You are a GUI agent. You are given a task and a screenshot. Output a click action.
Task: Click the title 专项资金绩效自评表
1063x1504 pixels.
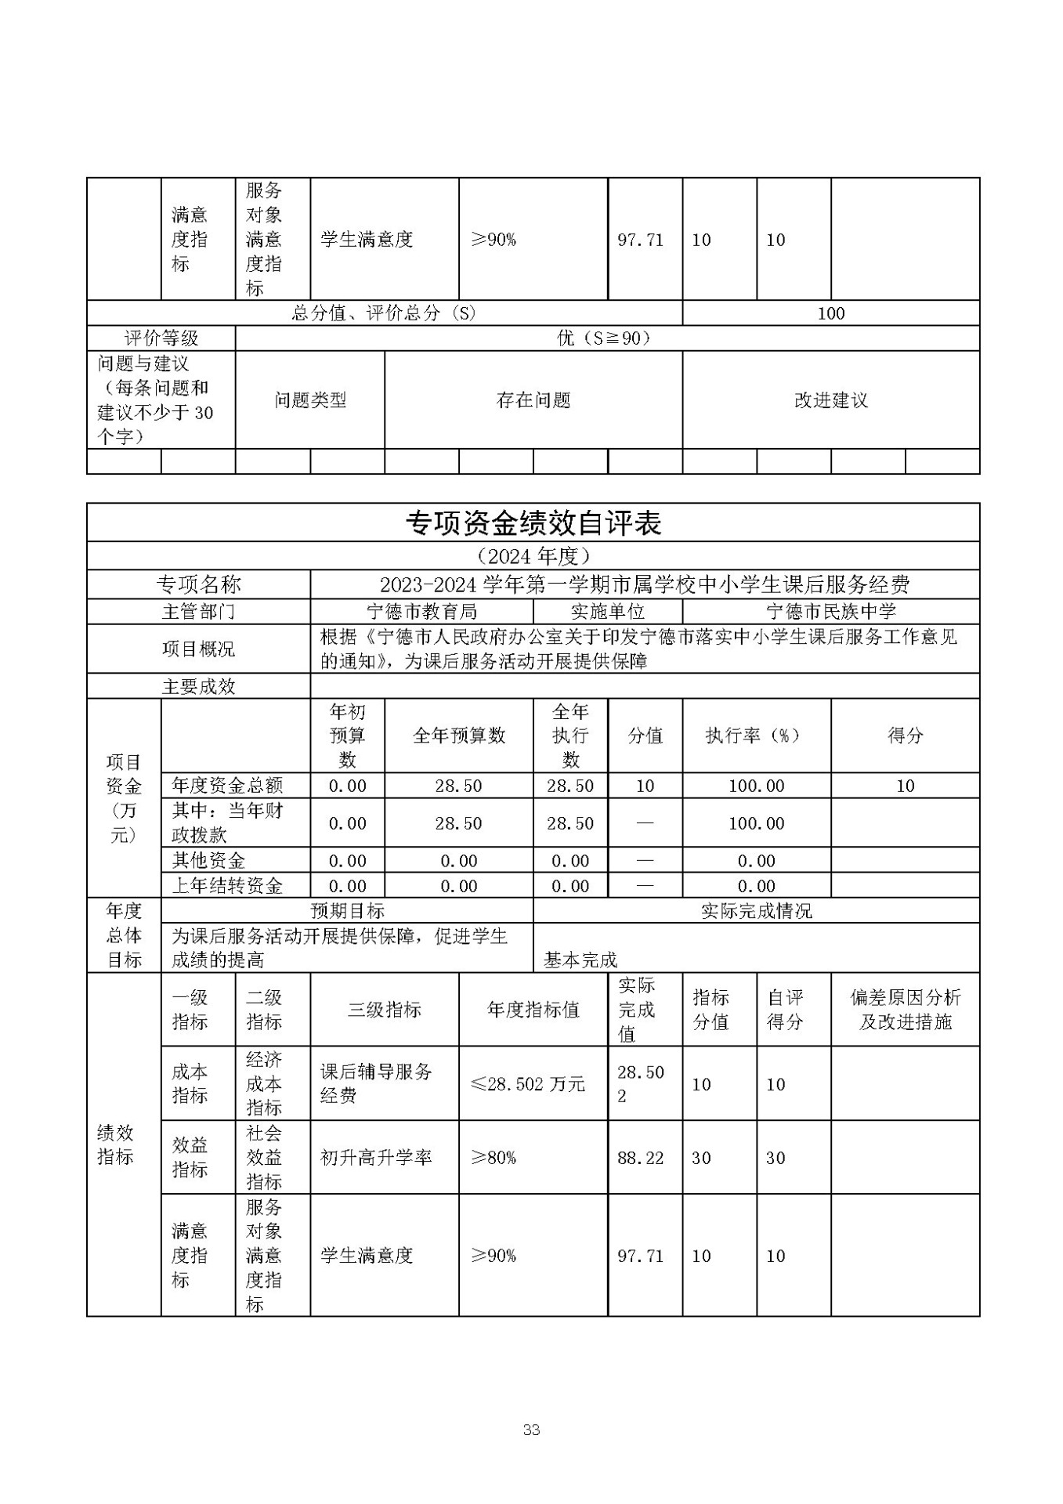pos(533,523)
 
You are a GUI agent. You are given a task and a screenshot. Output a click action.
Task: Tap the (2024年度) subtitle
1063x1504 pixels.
pos(533,556)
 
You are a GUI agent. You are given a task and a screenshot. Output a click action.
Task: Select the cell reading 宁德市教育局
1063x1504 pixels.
pos(421,611)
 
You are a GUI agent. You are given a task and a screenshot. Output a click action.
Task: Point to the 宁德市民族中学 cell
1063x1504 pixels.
pos(830,611)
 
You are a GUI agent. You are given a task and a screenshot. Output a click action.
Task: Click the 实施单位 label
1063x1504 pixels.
pos(607,611)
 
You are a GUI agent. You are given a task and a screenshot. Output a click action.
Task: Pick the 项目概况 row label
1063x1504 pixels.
pos(198,649)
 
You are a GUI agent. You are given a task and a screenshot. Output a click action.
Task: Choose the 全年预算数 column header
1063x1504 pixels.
pos(458,736)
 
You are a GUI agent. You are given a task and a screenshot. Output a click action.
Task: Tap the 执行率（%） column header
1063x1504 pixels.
pos(756,736)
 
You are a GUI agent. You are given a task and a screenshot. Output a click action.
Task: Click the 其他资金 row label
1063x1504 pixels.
pos(208,861)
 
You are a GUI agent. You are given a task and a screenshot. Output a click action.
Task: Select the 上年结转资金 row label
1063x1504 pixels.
pos(227,886)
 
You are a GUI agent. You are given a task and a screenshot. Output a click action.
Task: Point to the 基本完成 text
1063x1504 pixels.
pos(580,960)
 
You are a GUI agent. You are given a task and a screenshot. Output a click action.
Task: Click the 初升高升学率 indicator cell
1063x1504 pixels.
pos(376,1158)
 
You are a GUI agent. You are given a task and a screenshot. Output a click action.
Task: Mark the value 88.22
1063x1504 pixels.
pos(640,1158)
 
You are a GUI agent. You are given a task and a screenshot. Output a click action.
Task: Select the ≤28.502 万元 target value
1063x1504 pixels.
pos(528,1084)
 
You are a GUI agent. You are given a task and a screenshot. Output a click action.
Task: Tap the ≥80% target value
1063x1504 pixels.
pos(493,1158)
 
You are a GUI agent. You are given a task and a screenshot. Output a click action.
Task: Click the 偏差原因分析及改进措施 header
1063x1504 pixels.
pos(905,1010)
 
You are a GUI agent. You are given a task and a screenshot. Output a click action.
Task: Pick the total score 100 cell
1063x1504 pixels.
pos(830,313)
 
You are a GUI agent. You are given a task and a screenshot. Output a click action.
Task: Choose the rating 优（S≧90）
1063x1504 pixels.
pos(606,338)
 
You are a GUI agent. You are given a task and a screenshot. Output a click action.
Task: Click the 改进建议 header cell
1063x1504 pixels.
pos(830,400)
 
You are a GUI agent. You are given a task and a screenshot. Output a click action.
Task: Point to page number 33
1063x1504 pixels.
pos(531,1430)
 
